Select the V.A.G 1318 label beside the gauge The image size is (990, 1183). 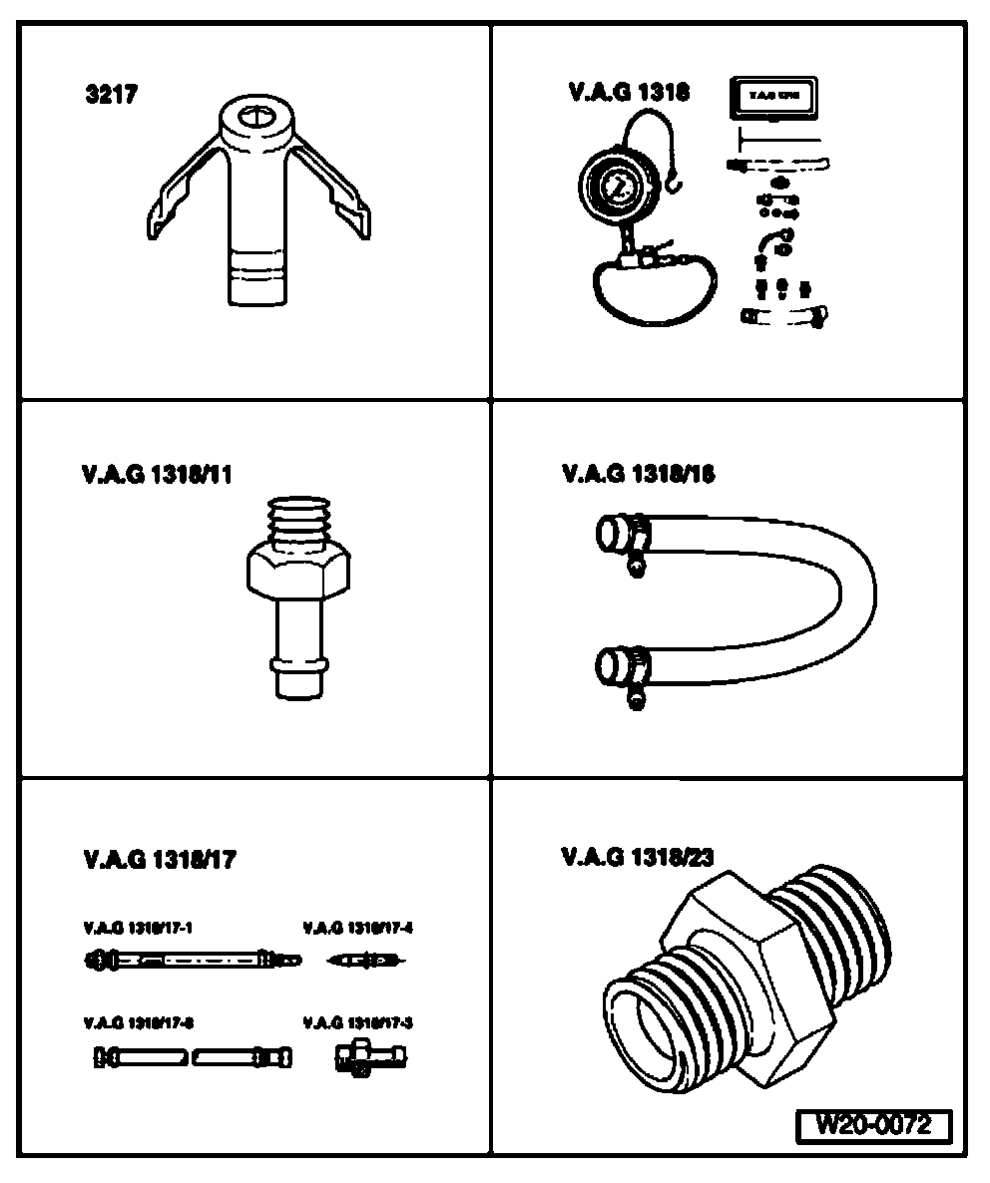(x=629, y=93)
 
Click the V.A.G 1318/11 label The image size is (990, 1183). (x=158, y=475)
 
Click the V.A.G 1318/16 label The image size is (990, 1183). (x=639, y=474)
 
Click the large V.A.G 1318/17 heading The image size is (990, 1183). (x=160, y=860)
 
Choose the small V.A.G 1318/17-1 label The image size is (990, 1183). (x=139, y=928)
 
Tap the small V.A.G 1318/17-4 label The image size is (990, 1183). (x=357, y=928)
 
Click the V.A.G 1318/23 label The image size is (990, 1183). (x=638, y=856)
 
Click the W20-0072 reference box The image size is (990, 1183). (x=873, y=1126)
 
